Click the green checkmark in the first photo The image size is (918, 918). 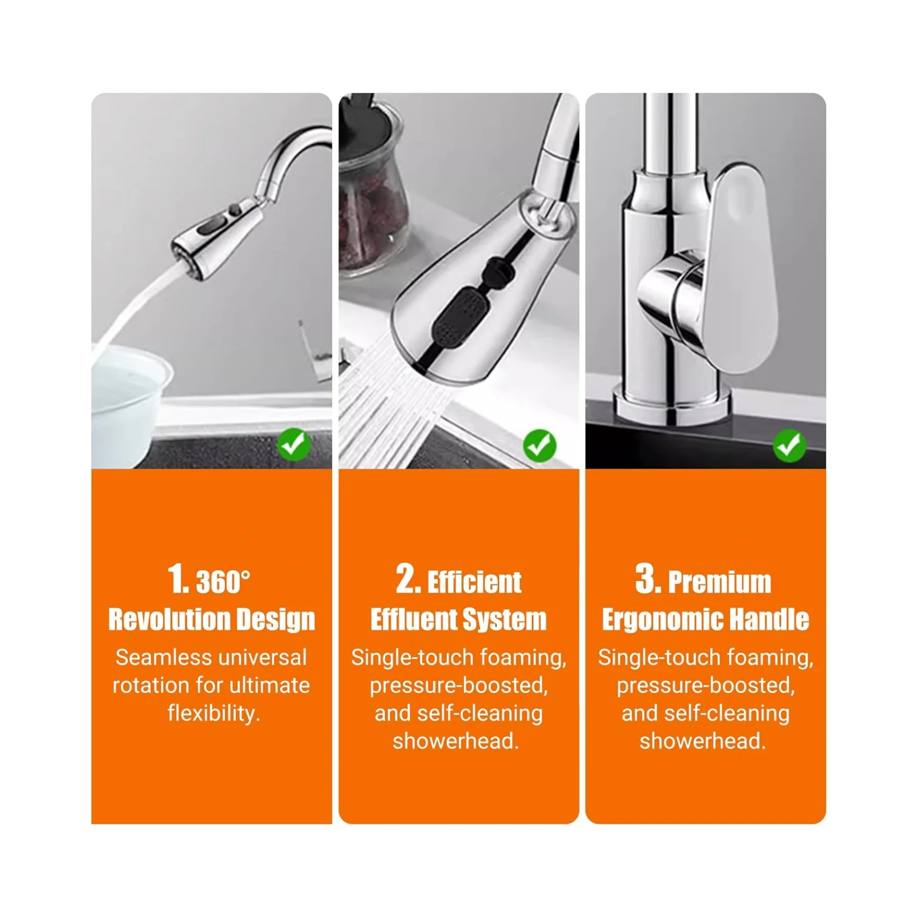294,444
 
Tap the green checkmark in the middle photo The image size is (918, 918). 539,445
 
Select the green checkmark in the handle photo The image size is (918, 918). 789,445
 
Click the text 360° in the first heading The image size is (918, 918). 223,582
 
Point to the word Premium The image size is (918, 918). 719,582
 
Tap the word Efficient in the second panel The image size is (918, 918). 474,582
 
